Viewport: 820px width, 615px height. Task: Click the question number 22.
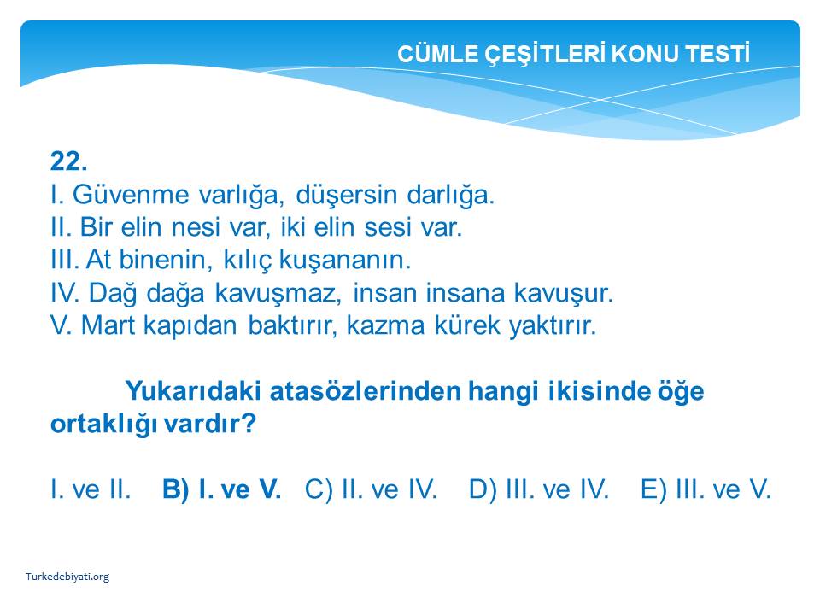point(68,161)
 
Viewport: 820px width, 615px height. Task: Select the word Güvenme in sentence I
point(131,195)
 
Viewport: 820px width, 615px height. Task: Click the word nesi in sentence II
point(196,227)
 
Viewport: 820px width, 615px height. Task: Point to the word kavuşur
point(563,293)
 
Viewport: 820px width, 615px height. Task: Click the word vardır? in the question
point(210,424)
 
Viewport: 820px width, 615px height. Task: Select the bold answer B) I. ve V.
point(222,489)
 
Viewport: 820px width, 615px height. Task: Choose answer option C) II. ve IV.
point(371,489)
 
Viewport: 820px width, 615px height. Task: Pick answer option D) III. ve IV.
point(539,489)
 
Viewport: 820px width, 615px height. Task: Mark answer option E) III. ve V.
point(706,489)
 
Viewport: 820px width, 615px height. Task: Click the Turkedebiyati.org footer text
point(67,577)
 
